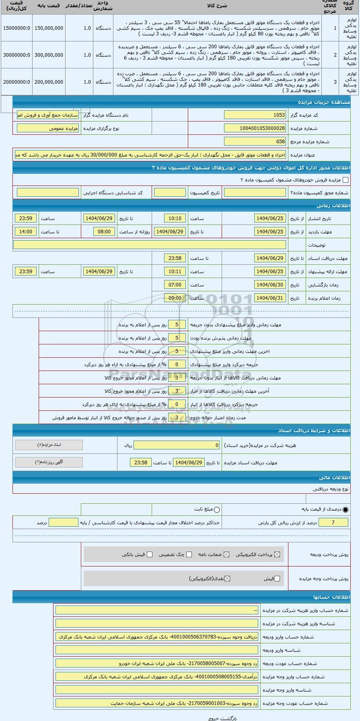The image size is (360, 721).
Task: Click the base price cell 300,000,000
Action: pos(49,55)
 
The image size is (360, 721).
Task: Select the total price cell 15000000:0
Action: pos(16,28)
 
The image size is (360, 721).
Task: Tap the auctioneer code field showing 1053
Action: pos(255,115)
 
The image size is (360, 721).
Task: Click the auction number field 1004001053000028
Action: pos(255,128)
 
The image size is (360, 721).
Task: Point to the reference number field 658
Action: pos(255,142)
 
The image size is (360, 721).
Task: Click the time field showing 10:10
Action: pos(175,218)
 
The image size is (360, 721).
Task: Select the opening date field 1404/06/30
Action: pos(270,285)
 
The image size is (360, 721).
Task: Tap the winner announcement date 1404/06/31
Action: pos(270,298)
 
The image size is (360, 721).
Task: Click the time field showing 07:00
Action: pos(175,285)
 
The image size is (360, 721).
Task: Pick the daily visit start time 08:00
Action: pos(104,232)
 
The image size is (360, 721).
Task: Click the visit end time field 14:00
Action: pos(26,232)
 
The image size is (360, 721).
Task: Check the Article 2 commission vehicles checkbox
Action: pos(345,180)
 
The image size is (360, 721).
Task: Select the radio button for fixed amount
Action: pos(217,510)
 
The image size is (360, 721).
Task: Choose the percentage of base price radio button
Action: pos(346,510)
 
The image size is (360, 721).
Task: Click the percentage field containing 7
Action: pos(333,523)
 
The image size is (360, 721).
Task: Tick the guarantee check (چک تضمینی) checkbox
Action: pos(189,554)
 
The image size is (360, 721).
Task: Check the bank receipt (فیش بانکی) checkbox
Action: pos(150,554)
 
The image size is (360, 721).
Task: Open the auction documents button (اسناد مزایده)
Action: pos(49,445)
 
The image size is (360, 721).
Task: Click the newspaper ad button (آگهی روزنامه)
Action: pos(49,462)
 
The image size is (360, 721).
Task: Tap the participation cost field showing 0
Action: pos(177,445)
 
